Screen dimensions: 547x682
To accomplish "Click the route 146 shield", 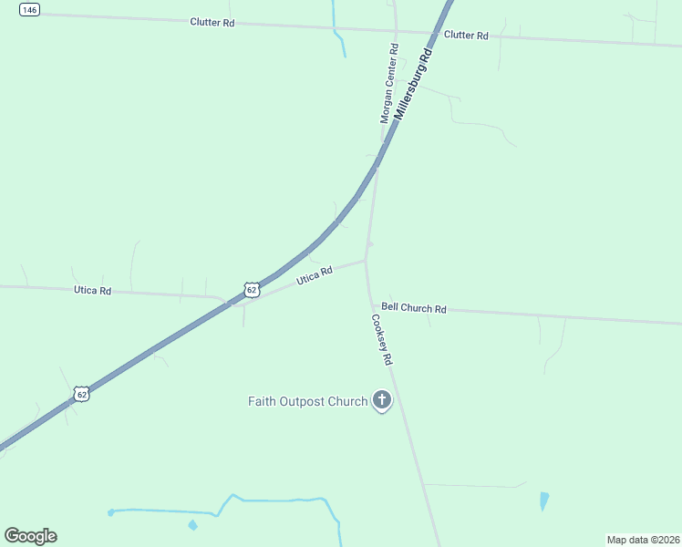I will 29,9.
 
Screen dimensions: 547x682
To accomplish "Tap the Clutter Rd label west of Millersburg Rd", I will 212,22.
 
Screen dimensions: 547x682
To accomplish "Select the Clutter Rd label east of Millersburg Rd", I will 466,36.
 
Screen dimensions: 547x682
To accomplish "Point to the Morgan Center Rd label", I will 389,84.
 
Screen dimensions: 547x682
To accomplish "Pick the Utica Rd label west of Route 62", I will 92,291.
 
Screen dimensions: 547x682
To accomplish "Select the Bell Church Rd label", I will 414,309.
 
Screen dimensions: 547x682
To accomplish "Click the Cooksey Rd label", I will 381,340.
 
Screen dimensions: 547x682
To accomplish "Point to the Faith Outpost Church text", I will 308,401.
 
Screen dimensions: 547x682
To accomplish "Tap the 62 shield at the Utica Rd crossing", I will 252,289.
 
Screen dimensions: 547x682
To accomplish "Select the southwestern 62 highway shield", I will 82,394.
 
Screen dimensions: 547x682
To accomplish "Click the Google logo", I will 30,536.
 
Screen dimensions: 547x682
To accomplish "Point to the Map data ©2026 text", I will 643,539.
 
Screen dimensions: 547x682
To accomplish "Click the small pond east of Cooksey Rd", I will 544,501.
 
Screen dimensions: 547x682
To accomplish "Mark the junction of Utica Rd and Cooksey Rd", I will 367,260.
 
